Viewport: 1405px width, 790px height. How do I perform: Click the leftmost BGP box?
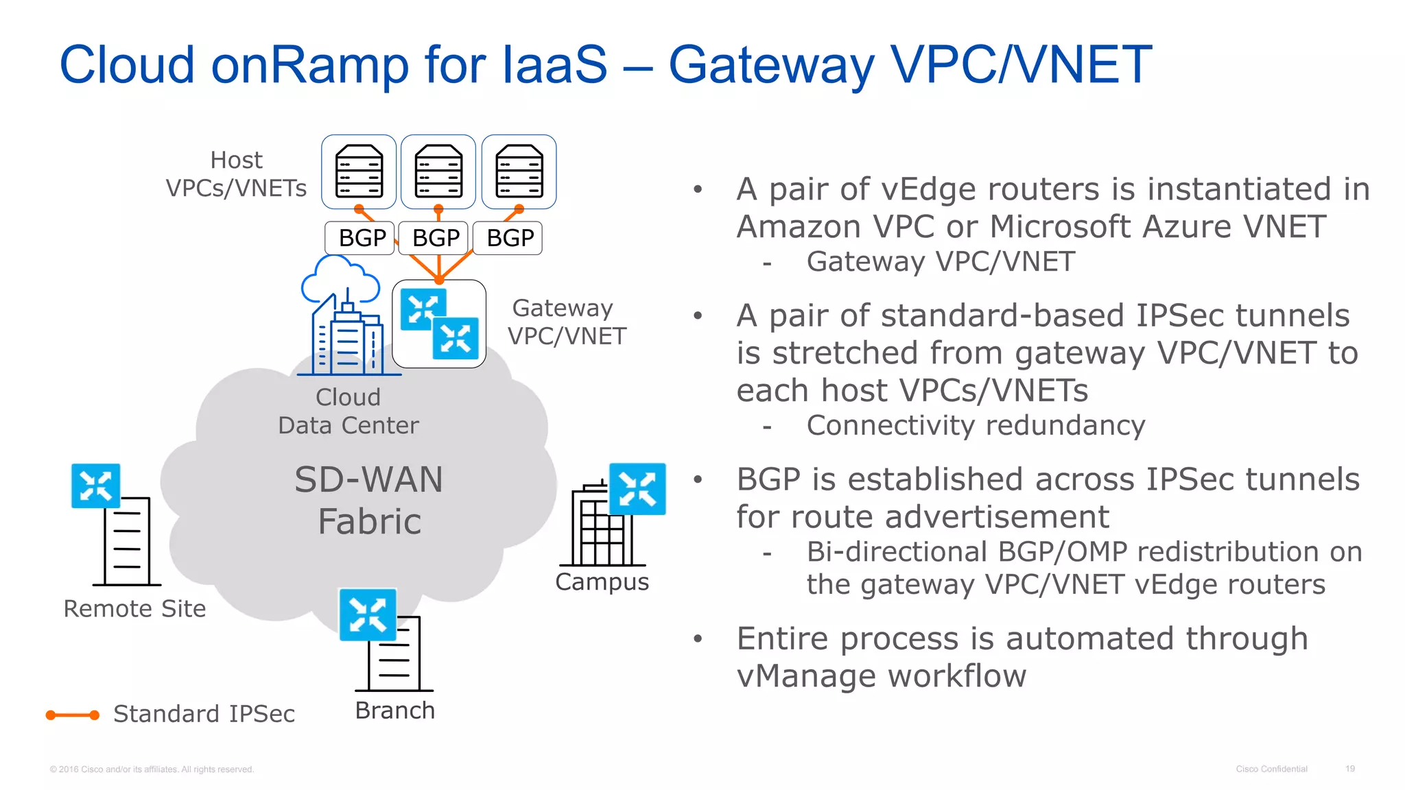[x=360, y=238]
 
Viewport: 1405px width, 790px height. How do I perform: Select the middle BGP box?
[x=434, y=238]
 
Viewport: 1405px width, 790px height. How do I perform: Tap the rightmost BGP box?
[x=508, y=238]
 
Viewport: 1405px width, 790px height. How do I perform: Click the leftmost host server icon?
[x=359, y=171]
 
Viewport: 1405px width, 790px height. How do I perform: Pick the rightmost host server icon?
[x=519, y=171]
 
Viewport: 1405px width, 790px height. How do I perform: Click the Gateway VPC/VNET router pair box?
[x=439, y=324]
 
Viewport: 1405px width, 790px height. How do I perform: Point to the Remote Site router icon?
[x=96, y=486]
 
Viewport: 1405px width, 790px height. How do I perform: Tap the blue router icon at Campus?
[x=637, y=489]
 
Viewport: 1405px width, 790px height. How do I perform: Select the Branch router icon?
[x=368, y=614]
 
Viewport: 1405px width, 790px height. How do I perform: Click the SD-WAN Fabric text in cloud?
[x=369, y=500]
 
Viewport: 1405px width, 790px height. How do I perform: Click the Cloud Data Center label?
[x=348, y=411]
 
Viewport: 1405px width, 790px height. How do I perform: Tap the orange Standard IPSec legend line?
[x=72, y=715]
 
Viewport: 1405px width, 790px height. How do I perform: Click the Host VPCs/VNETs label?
[x=236, y=174]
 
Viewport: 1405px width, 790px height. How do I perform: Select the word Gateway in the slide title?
[x=771, y=65]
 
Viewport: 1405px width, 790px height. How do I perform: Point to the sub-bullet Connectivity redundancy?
[x=975, y=426]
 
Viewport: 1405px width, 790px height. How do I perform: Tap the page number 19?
[x=1349, y=769]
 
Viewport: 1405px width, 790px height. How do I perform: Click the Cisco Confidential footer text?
[x=1271, y=769]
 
